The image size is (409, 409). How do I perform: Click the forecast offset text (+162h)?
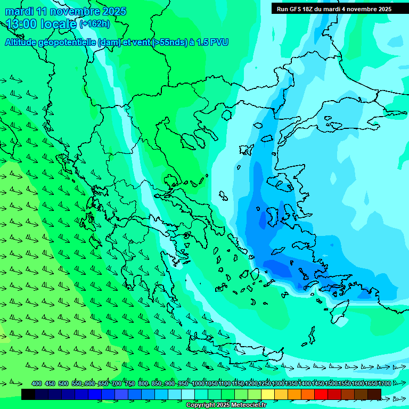(x=95, y=23)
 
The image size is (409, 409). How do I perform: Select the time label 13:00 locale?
(x=42, y=23)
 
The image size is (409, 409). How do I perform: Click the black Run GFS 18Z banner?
(x=334, y=9)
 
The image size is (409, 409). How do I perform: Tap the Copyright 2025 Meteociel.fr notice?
(x=225, y=405)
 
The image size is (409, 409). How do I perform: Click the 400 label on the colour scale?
(x=37, y=383)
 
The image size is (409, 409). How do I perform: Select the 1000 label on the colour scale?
(x=198, y=383)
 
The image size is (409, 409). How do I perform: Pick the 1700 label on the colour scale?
(x=384, y=383)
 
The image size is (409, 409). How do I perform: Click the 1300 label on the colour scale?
(x=277, y=383)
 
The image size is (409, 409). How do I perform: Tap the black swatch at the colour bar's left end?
(x=28, y=394)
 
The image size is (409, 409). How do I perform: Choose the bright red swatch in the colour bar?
(x=321, y=394)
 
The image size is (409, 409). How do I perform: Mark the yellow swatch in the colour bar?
(x=268, y=394)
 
